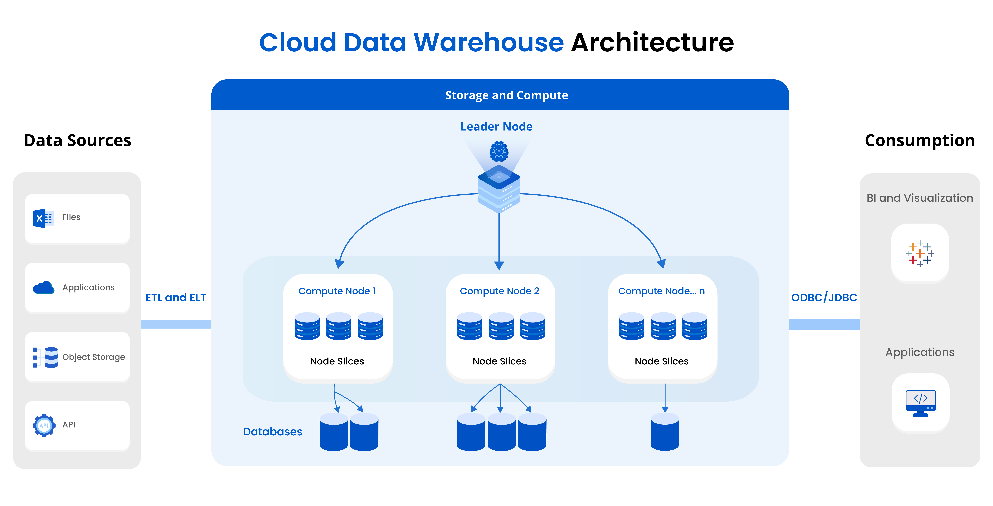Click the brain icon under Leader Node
[x=499, y=151]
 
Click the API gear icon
[x=44, y=425]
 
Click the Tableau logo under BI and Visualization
[x=920, y=253]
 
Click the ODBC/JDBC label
[x=824, y=297]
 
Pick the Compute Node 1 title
[x=337, y=291]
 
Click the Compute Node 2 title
[x=499, y=291]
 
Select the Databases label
[x=273, y=432]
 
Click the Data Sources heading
[x=77, y=140]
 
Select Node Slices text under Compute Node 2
[x=499, y=361]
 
